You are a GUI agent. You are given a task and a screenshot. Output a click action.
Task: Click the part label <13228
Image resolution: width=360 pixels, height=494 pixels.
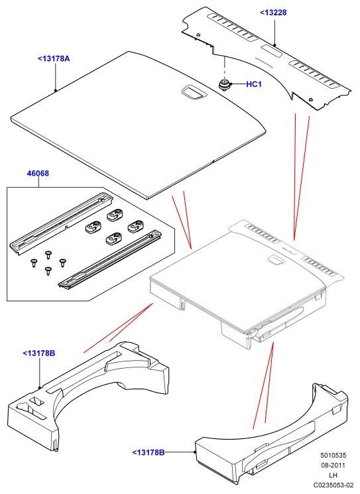pyautogui.click(x=273, y=13)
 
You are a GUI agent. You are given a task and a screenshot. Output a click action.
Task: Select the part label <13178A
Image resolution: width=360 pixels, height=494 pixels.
pyautogui.click(x=54, y=58)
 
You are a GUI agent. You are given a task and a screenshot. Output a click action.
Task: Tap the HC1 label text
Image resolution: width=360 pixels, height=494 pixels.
pyautogui.click(x=254, y=84)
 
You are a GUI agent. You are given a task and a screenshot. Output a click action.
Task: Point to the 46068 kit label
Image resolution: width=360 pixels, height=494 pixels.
pyautogui.click(x=38, y=173)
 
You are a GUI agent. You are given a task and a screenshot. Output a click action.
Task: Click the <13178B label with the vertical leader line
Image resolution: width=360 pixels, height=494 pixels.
pyautogui.click(x=39, y=353)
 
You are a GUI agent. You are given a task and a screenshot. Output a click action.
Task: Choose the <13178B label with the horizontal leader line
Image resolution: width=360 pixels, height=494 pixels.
pyautogui.click(x=149, y=452)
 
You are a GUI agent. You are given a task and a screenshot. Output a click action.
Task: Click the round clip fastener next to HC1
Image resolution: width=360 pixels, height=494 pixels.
pyautogui.click(x=225, y=85)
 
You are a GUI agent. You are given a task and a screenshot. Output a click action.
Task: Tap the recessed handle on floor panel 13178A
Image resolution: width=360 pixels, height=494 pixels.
pyautogui.click(x=194, y=92)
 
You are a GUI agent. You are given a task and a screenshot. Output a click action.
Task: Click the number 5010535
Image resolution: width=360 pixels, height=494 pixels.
pyautogui.click(x=333, y=456)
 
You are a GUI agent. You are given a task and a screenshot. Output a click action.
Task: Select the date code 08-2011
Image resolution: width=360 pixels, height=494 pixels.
pyautogui.click(x=333, y=465)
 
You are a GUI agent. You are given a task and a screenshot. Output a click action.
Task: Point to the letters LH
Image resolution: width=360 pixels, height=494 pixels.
pyautogui.click(x=333, y=475)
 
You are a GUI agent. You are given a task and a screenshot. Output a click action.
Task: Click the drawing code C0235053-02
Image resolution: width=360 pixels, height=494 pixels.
pyautogui.click(x=333, y=485)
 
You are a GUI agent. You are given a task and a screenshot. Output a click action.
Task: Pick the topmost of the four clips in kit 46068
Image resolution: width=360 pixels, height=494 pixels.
pyautogui.click(x=115, y=215)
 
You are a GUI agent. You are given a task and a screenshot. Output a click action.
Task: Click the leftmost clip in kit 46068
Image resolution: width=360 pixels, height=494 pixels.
pyautogui.click(x=93, y=227)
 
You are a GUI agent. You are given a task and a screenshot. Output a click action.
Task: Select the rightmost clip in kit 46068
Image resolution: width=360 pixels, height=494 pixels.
pyautogui.click(x=136, y=225)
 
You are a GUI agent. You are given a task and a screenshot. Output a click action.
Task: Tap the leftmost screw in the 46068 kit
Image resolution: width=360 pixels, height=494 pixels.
pyautogui.click(x=34, y=263)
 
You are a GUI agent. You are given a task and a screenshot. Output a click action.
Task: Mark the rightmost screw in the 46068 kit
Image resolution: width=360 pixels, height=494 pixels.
pyautogui.click(x=63, y=263)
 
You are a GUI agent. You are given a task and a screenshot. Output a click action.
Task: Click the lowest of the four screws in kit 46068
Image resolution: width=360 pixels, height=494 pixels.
pyautogui.click(x=48, y=271)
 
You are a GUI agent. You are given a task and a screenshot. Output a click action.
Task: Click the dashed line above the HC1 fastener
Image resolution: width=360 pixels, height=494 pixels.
pyautogui.click(x=225, y=68)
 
